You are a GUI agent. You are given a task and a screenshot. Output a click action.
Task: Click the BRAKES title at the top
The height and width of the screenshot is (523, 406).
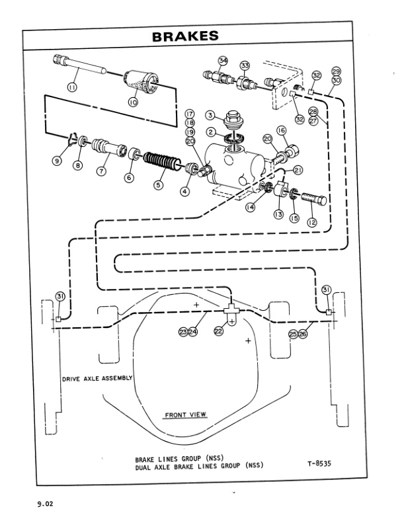coord(185,38)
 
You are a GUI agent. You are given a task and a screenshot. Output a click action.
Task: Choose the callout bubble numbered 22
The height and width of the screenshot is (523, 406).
coord(218,331)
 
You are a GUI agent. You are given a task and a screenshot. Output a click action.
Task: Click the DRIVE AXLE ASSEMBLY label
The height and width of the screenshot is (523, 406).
coord(97,380)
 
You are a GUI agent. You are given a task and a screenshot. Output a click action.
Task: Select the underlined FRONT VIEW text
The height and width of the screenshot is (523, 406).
coord(184,415)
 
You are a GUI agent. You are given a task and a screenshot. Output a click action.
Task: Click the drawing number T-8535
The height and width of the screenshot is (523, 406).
coord(319,463)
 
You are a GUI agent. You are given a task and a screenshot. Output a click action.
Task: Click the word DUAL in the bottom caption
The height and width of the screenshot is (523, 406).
coord(145,465)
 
